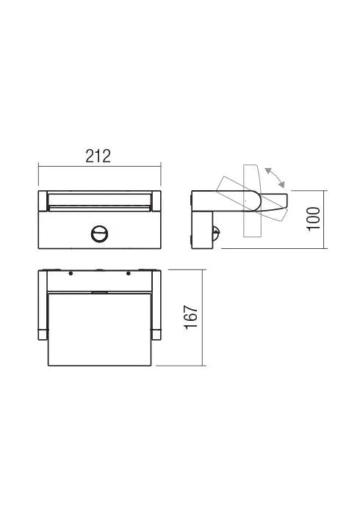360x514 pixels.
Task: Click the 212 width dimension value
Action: point(98,156)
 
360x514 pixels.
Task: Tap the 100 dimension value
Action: point(314,219)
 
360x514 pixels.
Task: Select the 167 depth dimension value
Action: point(189,317)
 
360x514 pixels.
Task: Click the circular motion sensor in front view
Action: point(98,235)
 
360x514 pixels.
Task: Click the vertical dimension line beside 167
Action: point(202,317)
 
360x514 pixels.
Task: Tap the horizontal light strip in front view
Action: point(98,199)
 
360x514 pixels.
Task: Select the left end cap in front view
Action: point(42,200)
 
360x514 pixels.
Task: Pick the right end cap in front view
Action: point(156,200)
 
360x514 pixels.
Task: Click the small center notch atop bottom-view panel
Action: point(98,294)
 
